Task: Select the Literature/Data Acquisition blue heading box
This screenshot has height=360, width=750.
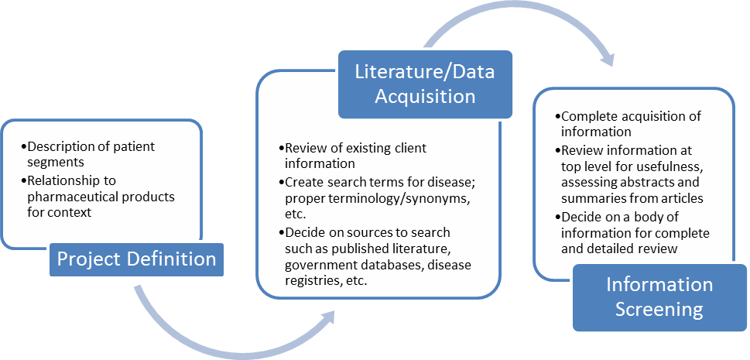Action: (424, 84)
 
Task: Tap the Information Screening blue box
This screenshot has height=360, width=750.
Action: (660, 297)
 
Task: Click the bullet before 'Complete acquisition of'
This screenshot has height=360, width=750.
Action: (558, 117)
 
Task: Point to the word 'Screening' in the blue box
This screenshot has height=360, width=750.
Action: (660, 310)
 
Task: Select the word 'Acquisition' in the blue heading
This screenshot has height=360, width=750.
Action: (424, 96)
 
